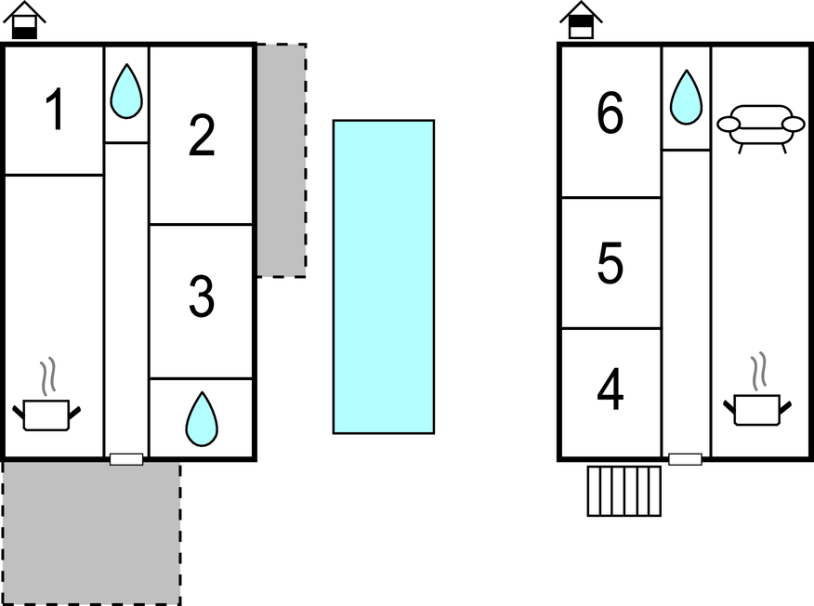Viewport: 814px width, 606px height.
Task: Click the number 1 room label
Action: click(x=55, y=110)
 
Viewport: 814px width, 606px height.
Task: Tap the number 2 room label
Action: click(x=201, y=136)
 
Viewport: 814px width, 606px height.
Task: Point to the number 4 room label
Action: click(x=610, y=391)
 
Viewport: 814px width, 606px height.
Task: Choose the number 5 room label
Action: click(x=610, y=264)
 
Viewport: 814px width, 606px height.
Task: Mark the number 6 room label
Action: click(x=610, y=115)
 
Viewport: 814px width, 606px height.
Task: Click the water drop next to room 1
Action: click(x=126, y=92)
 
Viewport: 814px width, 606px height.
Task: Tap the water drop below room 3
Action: click(x=201, y=419)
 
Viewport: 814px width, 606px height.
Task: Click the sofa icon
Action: click(x=761, y=126)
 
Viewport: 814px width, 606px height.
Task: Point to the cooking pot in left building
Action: click(x=46, y=410)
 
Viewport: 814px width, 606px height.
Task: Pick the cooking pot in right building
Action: click(x=756, y=405)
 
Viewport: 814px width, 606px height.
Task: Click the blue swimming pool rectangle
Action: click(x=384, y=276)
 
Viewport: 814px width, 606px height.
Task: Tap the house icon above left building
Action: click(x=26, y=20)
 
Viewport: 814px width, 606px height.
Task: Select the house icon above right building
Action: click(x=582, y=20)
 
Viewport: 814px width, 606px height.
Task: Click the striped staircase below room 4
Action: click(x=624, y=491)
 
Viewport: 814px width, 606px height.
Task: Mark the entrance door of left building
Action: click(x=126, y=459)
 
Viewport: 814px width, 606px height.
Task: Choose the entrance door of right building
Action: click(x=685, y=459)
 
